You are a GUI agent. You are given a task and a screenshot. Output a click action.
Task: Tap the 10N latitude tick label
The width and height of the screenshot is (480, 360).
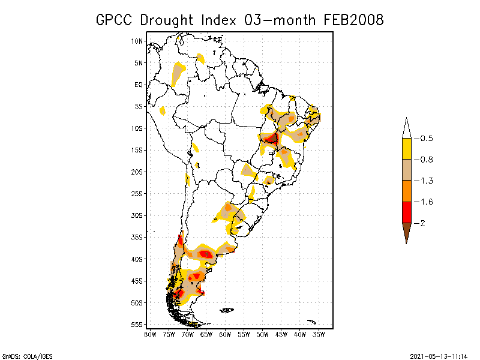click(x=137, y=41)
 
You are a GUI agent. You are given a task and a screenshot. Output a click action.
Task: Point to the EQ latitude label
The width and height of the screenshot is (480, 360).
click(x=138, y=85)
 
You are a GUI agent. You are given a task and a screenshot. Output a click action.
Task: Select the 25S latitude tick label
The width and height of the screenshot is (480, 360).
click(x=137, y=193)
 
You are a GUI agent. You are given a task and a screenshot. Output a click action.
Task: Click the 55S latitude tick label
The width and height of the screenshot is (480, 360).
click(x=137, y=324)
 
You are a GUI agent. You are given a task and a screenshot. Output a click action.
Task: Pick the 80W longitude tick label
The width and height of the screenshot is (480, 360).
click(x=149, y=334)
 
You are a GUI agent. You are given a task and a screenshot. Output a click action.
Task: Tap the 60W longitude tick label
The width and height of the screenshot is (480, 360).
click(x=225, y=334)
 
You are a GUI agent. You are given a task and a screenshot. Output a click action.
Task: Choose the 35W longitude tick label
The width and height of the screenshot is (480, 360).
click(x=319, y=334)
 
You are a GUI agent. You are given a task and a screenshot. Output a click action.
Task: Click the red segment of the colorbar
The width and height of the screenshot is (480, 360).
click(x=406, y=212)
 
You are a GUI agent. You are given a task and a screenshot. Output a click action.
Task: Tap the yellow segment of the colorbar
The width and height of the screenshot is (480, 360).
click(x=406, y=149)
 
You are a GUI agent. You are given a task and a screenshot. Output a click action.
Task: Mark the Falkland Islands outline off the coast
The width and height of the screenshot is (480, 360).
click(x=227, y=310)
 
